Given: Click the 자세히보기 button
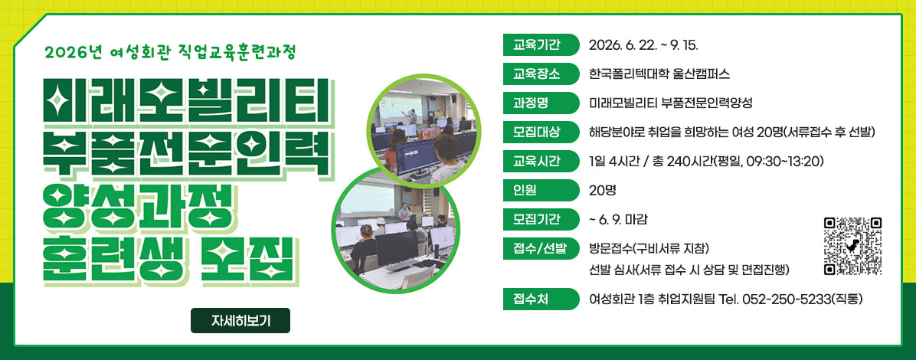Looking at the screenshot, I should click(240, 320).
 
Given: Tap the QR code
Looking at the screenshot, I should click(852, 246).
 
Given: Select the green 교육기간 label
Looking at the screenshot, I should click(541, 45).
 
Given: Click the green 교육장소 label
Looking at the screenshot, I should click(541, 74).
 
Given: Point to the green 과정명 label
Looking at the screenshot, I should click(541, 103).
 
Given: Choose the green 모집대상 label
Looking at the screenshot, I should click(541, 132).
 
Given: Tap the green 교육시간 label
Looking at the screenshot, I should click(541, 161).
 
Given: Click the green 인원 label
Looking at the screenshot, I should click(541, 190).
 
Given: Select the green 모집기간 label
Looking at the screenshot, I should click(541, 219).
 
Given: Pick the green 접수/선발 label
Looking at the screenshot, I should click(541, 248).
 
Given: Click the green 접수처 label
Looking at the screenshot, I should click(541, 299).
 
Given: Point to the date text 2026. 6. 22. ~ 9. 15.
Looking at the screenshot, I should click(643, 45).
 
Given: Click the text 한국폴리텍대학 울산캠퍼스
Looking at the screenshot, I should click(659, 74).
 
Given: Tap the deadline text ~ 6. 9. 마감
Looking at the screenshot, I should click(619, 220).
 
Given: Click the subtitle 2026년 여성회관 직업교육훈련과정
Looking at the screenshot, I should click(170, 53).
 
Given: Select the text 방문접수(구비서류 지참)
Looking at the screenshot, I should click(649, 248).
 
